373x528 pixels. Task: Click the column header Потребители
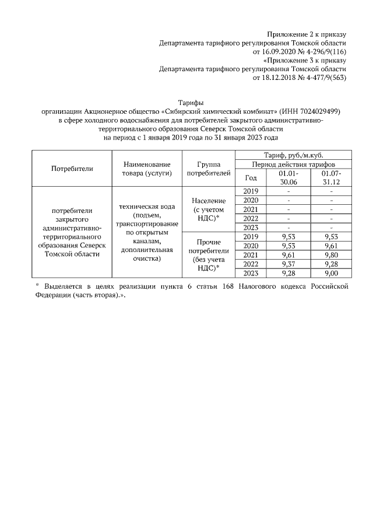pyautogui.click(x=72, y=169)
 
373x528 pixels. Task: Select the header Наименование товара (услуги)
pyautogui.click(x=146, y=169)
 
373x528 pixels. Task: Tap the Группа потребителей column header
pyautogui.click(x=208, y=169)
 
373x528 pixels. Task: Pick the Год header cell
pyautogui.click(x=251, y=178)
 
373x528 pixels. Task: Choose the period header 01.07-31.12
pyautogui.click(x=331, y=178)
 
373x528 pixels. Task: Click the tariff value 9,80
pyautogui.click(x=331, y=255)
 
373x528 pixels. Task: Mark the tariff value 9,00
pyautogui.click(x=331, y=273)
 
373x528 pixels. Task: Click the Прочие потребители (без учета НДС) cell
pyautogui.click(x=208, y=255)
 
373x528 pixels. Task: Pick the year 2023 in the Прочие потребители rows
pyautogui.click(x=251, y=273)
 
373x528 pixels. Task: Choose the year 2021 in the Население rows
pyautogui.click(x=251, y=209)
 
